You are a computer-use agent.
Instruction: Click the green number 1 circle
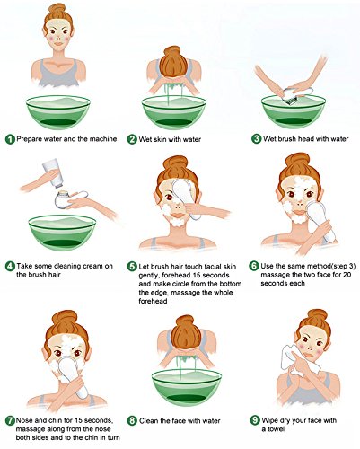[10, 139]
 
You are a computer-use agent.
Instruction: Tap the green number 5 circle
[132, 266]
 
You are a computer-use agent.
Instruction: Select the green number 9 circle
[255, 420]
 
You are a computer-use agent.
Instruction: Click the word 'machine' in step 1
[103, 139]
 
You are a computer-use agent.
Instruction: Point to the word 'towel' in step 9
[273, 429]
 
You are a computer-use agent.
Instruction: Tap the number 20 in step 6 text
[347, 275]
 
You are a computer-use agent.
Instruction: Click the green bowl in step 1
[58, 112]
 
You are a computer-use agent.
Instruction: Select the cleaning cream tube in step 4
[53, 173]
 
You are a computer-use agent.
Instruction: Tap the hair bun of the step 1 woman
[57, 8]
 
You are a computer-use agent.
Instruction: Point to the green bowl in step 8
[187, 387]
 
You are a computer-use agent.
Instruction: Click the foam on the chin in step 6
[299, 219]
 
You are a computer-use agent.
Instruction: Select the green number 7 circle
[10, 420]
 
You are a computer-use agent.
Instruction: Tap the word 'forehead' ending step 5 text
[153, 301]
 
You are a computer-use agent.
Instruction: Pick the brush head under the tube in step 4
[63, 198]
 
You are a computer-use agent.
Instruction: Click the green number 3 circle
[257, 139]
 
